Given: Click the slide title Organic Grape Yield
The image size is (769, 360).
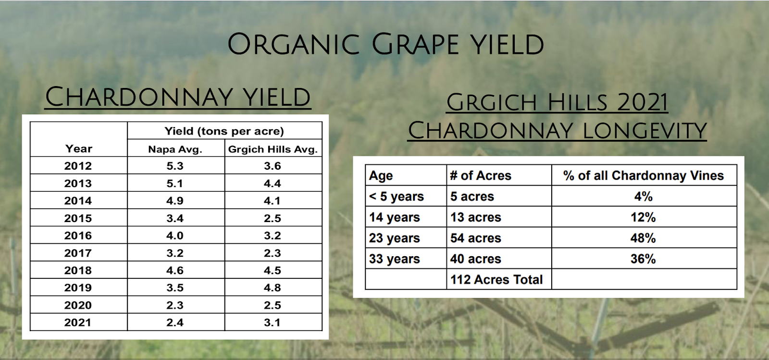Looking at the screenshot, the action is point(385,44).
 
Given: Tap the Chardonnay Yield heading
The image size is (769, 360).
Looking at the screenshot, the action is point(178,97).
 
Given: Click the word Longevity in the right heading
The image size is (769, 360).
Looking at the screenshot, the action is point(645,130).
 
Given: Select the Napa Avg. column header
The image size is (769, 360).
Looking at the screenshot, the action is point(175,149).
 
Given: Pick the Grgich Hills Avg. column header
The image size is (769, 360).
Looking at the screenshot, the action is point(273,149).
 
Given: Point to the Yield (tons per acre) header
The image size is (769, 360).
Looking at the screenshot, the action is point(224,131).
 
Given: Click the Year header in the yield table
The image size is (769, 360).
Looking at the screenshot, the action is point(79,149).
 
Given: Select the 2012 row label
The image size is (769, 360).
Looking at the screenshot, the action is point(78,166).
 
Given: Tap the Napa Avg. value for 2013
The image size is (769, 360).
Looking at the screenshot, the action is point(175,183).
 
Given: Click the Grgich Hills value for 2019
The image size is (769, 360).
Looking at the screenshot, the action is point(273,287).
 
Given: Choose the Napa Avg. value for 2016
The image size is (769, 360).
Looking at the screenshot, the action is point(175,236).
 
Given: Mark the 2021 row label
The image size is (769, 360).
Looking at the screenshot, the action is point(78,323).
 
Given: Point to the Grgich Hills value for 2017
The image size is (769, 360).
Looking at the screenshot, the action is point(273,253).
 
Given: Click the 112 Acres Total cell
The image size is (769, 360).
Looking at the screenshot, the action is point(496,280).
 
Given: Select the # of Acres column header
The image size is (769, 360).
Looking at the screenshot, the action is point(481,176).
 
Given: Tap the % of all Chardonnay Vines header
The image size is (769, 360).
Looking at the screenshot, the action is point(644,176).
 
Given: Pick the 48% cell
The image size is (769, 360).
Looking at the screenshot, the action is point(643,238).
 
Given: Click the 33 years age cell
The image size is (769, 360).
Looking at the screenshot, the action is point(395,259).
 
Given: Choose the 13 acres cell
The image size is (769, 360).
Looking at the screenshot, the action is point(476,218).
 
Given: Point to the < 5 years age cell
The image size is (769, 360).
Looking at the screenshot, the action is point(397,197).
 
